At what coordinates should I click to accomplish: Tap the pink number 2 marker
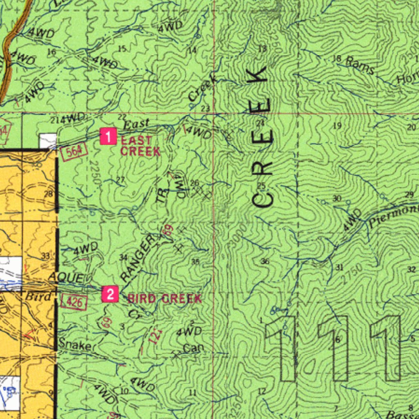pos(110,294)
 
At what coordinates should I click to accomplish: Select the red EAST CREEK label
pos(140,146)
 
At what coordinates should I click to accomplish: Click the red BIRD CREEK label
pos(164,299)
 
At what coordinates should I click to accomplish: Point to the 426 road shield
pos(74,302)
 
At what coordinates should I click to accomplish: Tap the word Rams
pos(360,66)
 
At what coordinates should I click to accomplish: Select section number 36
pos(265,261)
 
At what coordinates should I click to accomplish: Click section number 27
pos(120,180)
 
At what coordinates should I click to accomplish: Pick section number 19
pos(337,126)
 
